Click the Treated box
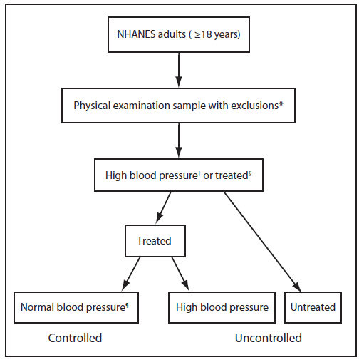(x=154, y=241)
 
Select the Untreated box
(x=313, y=307)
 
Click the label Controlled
(x=75, y=337)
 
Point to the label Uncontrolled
(x=269, y=337)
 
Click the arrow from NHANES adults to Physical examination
(x=177, y=69)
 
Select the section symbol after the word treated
(x=249, y=172)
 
